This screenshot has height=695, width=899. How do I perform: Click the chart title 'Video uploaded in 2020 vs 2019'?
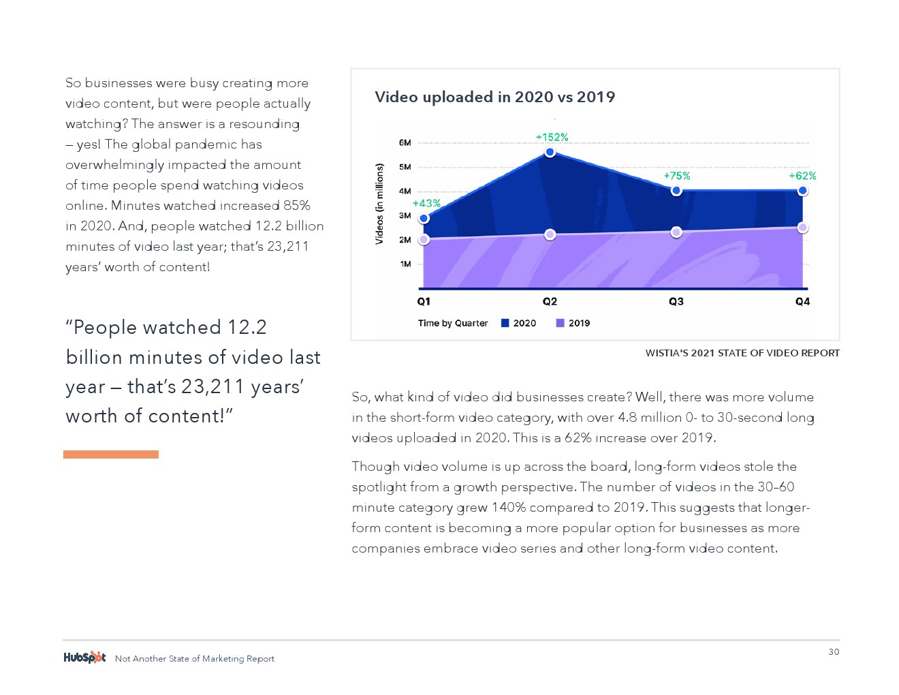(x=494, y=97)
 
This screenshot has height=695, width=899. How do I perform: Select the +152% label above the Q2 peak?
(x=552, y=138)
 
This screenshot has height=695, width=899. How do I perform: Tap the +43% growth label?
(x=426, y=204)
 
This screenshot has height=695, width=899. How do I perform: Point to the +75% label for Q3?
(x=677, y=176)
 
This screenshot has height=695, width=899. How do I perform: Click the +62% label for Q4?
(x=802, y=176)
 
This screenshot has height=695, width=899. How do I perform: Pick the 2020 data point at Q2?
(x=550, y=152)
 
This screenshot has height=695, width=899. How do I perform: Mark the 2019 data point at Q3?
(x=676, y=232)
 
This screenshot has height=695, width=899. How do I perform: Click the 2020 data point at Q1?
(x=424, y=219)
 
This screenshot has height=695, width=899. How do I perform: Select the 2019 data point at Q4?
(x=803, y=228)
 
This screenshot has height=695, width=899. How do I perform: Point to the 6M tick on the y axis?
(x=405, y=143)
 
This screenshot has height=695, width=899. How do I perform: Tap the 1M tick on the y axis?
(x=406, y=264)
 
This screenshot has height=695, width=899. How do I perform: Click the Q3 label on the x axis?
(x=676, y=302)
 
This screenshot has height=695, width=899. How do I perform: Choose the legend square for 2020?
(x=505, y=324)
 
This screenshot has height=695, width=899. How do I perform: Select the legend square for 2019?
(x=561, y=324)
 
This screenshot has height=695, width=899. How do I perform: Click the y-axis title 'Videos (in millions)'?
(x=380, y=204)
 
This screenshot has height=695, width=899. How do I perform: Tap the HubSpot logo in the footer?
(x=84, y=658)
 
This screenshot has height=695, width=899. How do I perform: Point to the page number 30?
(x=834, y=652)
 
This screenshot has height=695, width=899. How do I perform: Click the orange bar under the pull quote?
(x=111, y=454)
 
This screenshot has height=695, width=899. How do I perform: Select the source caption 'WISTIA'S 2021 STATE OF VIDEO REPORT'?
(x=742, y=353)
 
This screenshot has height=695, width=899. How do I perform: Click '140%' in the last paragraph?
(x=509, y=508)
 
